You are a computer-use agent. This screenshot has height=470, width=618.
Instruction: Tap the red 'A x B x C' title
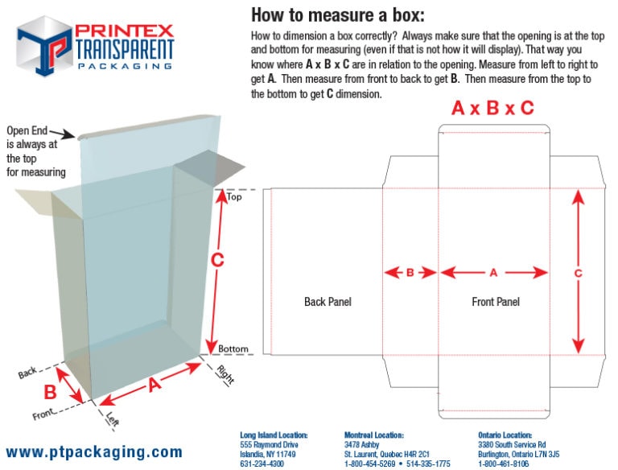coord(492,108)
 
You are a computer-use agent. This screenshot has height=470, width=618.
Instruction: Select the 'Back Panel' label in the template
coord(328,302)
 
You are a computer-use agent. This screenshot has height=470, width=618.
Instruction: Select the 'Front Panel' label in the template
coord(495,302)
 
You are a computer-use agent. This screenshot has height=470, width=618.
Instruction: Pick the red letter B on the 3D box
coord(50,392)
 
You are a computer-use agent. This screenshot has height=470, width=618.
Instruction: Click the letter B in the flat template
coord(410,273)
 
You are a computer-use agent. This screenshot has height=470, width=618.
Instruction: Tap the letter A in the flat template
coord(494,273)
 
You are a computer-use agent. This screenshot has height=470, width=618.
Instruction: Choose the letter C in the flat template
coord(578,273)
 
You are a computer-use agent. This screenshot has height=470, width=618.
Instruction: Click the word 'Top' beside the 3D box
coord(234,196)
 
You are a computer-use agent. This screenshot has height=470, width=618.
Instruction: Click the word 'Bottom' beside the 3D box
coord(234,348)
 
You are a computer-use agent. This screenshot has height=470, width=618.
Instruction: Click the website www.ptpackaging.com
coord(94,451)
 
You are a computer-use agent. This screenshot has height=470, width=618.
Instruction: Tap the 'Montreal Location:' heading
coord(373,435)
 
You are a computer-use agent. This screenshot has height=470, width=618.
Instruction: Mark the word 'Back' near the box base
coord(28,373)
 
